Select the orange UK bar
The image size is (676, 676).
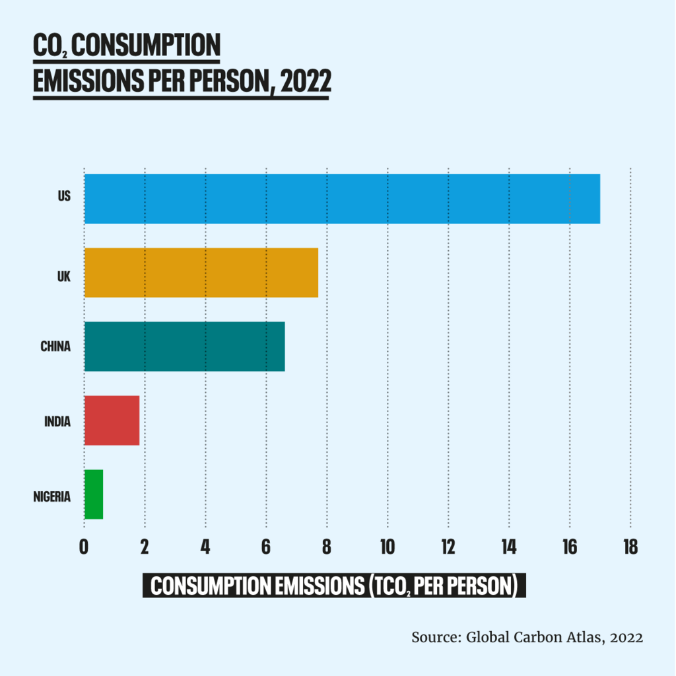(x=201, y=273)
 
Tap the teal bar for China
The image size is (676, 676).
(x=185, y=347)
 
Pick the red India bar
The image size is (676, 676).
(x=112, y=421)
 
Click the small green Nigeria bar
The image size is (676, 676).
(x=94, y=494)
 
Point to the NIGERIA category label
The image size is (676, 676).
(x=51, y=496)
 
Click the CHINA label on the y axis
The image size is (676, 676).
(x=55, y=347)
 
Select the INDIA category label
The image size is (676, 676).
(x=57, y=421)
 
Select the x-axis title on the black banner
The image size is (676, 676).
(x=334, y=585)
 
